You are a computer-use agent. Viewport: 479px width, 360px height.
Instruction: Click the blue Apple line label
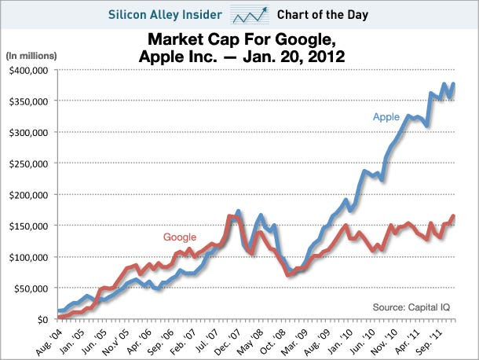click(386, 117)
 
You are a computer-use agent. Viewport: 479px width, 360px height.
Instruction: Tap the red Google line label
click(179, 237)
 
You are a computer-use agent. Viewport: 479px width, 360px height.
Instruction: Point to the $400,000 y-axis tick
click(30, 70)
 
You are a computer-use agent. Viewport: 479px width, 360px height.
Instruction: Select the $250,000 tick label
click(30, 163)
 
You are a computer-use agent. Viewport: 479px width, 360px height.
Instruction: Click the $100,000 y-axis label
click(30, 257)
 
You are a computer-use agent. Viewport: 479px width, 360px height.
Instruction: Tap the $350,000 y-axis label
click(30, 101)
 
